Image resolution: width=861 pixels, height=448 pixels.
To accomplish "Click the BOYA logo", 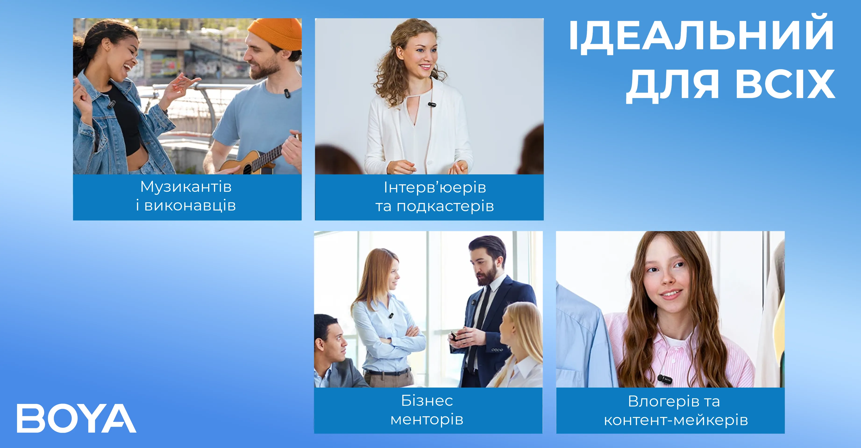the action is point(77,418).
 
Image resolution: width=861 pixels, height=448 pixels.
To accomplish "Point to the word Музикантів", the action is point(186,187).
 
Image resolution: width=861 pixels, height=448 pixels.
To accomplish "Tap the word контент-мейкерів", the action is point(676,420).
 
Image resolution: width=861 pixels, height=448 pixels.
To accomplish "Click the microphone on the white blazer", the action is point(432,105).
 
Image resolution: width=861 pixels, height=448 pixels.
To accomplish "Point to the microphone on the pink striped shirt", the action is point(665,379).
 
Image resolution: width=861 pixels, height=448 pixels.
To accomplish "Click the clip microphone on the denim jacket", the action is point(111,105).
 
